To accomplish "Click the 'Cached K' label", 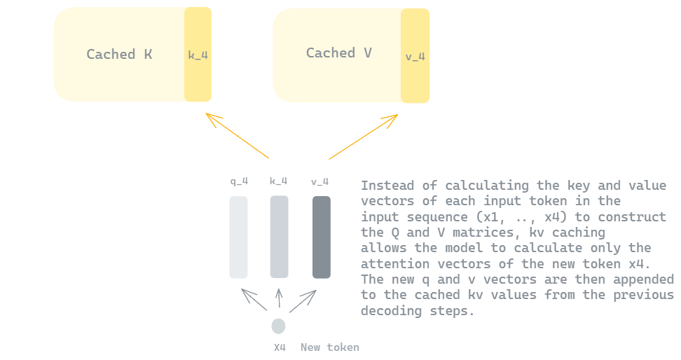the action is [x=119, y=55].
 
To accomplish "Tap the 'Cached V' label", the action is [x=339, y=53].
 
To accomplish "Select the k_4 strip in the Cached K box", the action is [x=198, y=55].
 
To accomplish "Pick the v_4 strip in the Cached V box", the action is [x=415, y=55].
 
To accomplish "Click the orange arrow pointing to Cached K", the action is [x=237, y=135].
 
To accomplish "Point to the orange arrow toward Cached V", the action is [x=364, y=137].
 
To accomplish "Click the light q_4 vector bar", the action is [x=238, y=237].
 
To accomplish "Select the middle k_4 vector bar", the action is [x=280, y=237].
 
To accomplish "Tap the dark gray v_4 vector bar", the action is [x=322, y=237].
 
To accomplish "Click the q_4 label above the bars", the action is [x=240, y=181].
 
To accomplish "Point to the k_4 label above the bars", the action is [x=278, y=181].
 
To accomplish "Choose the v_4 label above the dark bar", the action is [x=319, y=181].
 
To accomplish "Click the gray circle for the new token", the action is [x=278, y=326].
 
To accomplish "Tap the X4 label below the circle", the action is [x=280, y=347].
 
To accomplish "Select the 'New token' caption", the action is [x=330, y=347].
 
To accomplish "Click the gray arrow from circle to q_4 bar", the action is [x=254, y=300].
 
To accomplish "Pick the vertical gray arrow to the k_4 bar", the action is [x=280, y=298].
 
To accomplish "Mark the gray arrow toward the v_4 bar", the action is [x=303, y=301].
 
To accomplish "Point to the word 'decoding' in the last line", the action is [x=392, y=311].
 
